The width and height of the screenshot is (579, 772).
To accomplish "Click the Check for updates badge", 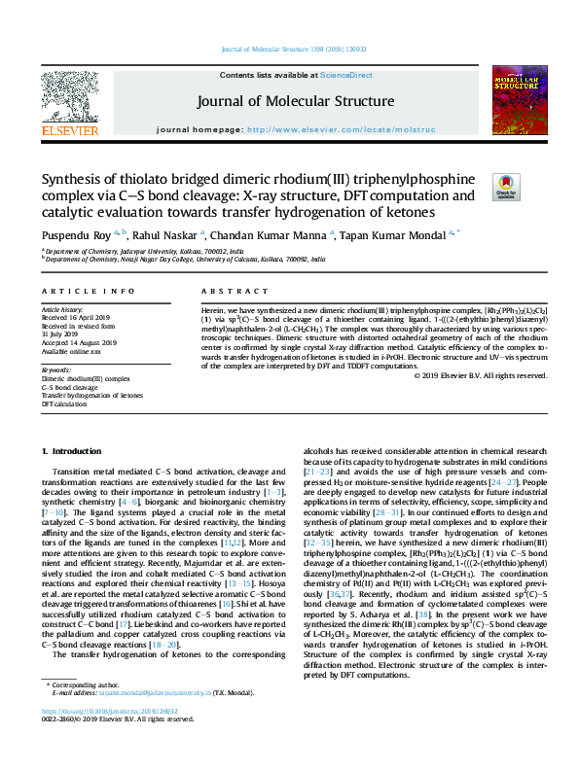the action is (506, 186).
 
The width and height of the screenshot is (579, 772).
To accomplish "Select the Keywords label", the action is (55, 370).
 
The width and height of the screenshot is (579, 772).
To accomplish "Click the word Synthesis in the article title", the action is (75, 179).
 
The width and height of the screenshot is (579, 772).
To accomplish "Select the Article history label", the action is (63, 310).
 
